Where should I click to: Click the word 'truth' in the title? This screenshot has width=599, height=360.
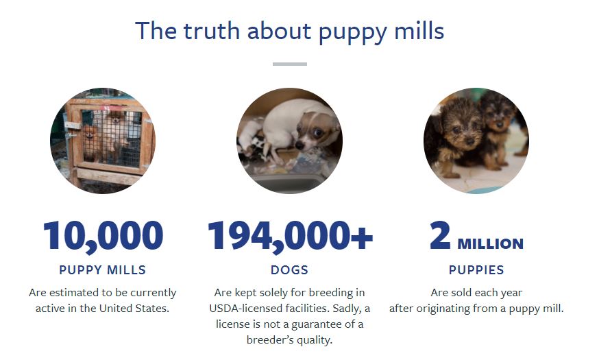(x=211, y=31)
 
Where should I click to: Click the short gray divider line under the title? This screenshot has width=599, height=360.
(x=290, y=64)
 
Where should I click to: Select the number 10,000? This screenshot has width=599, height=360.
(x=103, y=236)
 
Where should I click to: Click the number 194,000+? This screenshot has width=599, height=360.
(x=290, y=236)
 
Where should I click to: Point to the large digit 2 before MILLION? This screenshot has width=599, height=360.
(x=441, y=235)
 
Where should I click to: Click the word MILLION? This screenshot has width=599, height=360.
(x=490, y=244)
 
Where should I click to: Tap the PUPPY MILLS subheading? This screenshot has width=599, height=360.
(x=102, y=269)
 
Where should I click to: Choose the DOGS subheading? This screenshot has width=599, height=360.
(x=289, y=269)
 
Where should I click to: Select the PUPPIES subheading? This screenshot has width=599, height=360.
(x=476, y=269)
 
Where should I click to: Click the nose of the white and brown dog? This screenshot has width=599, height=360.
(x=300, y=145)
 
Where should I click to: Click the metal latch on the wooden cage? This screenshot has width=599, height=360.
(x=71, y=125)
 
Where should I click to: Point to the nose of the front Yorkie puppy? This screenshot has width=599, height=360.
(x=470, y=141)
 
